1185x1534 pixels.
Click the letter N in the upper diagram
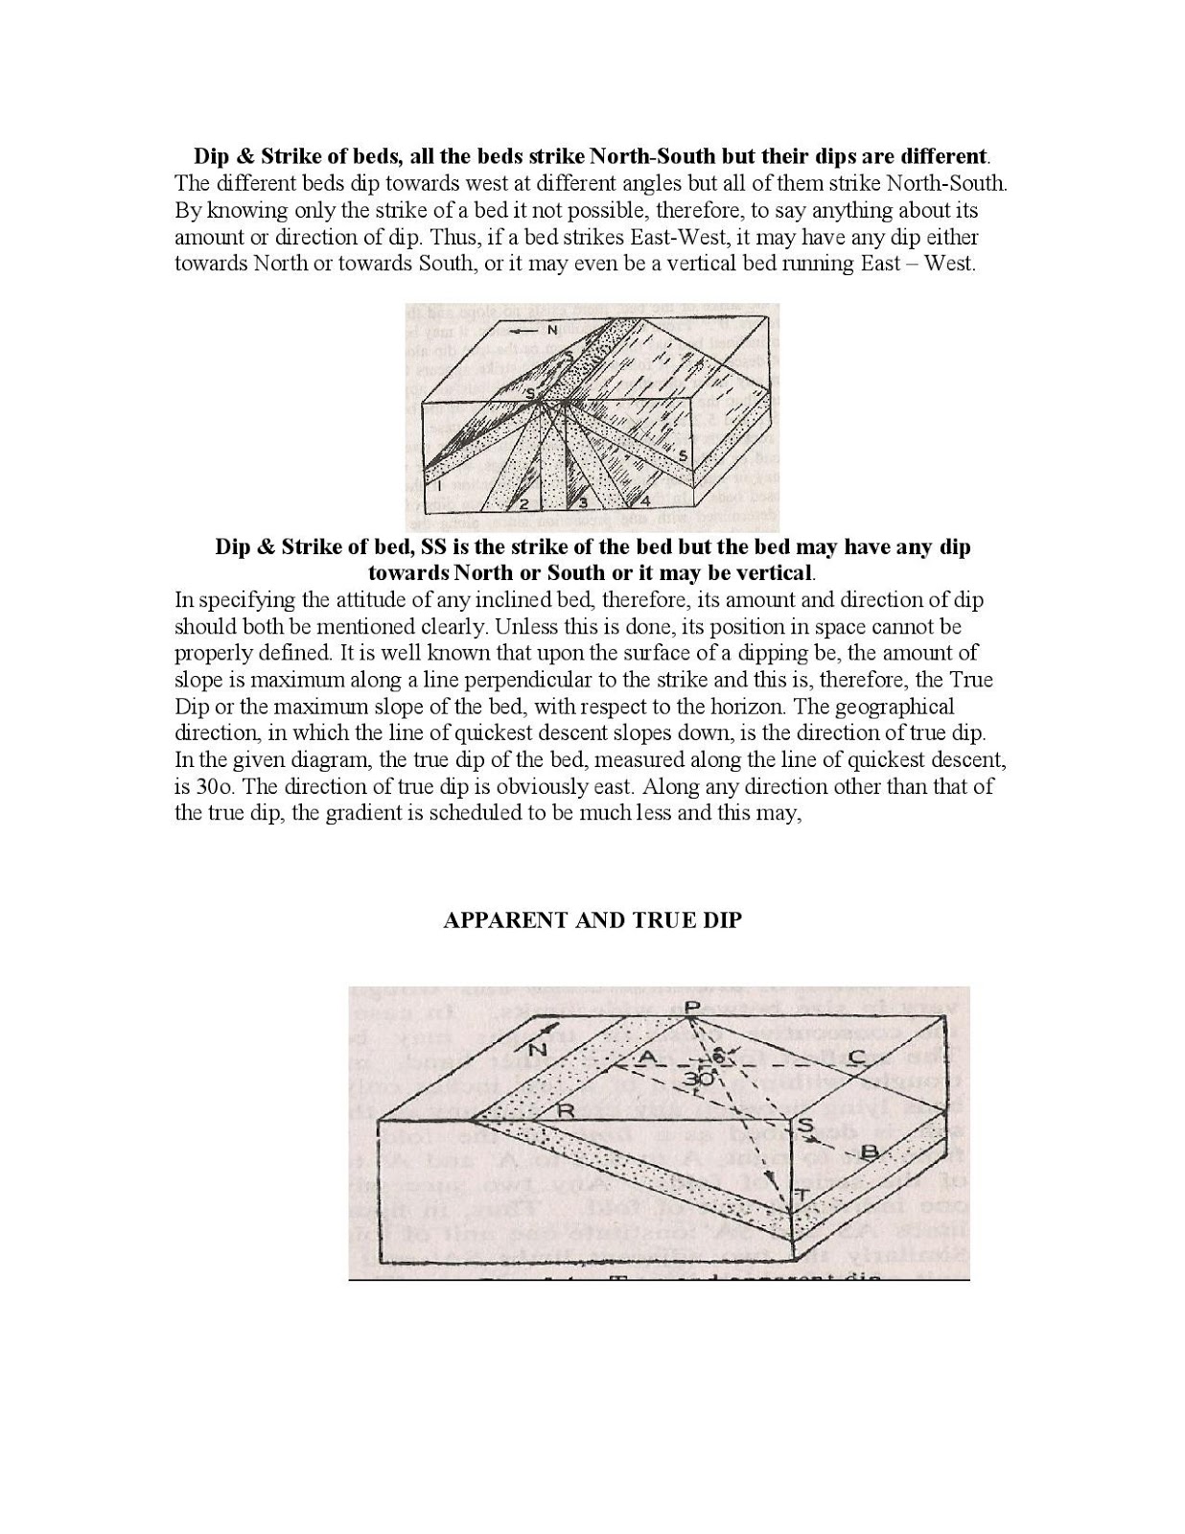(x=552, y=330)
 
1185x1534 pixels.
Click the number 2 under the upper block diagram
(x=523, y=501)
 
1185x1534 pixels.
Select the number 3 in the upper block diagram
(x=582, y=501)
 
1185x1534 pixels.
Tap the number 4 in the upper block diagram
(x=645, y=500)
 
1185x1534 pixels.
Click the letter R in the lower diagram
(x=566, y=1111)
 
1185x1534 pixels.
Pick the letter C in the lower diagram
(x=858, y=1057)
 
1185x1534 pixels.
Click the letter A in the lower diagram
(x=647, y=1057)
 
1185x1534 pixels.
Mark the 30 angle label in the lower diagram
(x=699, y=1079)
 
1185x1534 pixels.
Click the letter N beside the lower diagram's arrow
(x=538, y=1049)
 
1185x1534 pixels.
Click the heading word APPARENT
(x=504, y=920)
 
